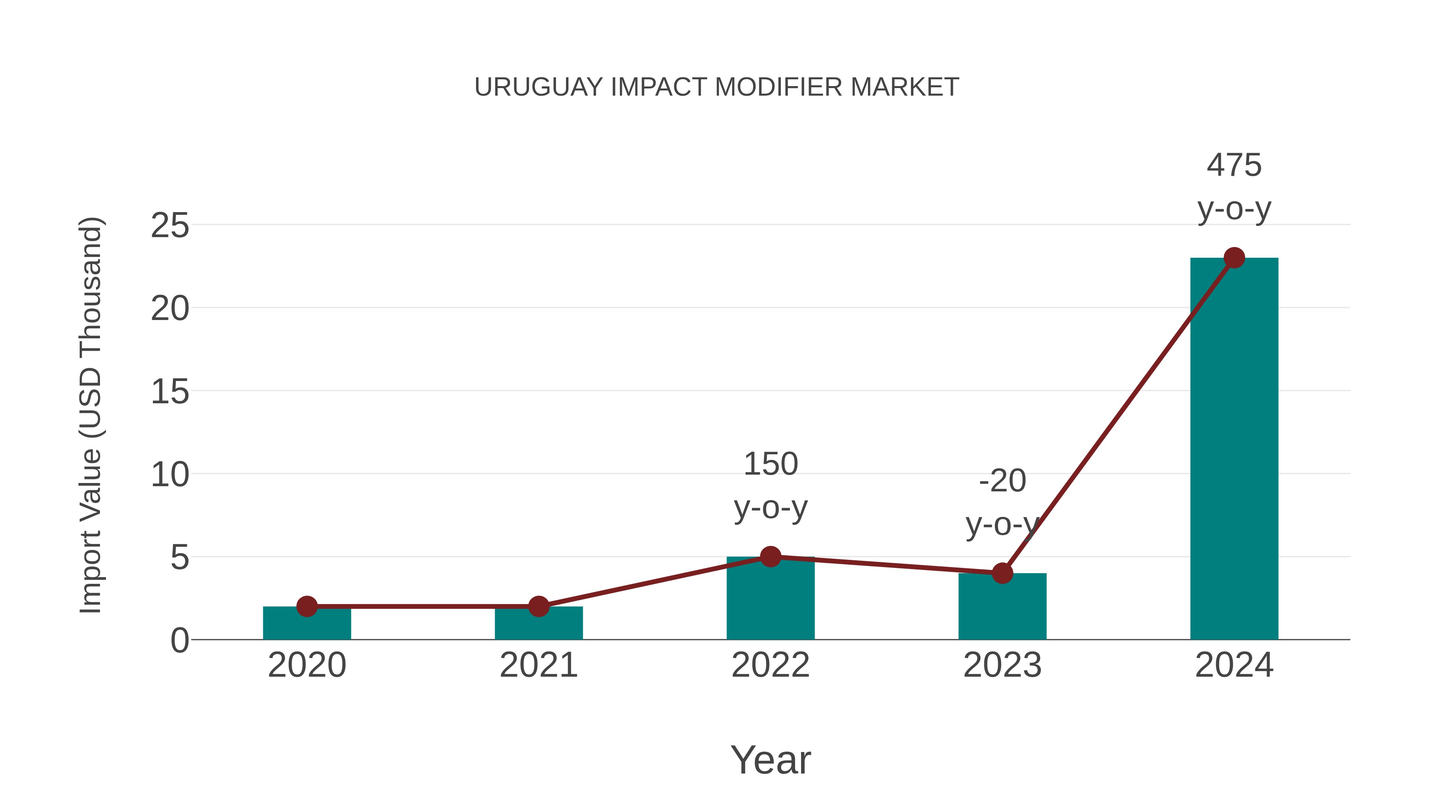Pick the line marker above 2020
pyautogui.click(x=307, y=606)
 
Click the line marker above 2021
pyautogui.click(x=538, y=606)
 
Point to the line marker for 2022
pyautogui.click(x=770, y=556)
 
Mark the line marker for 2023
pyautogui.click(x=1002, y=573)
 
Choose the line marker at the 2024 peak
pyautogui.click(x=1234, y=258)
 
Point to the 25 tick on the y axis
pyautogui.click(x=170, y=226)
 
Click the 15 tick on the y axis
pyautogui.click(x=170, y=392)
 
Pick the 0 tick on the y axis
pyautogui.click(x=179, y=640)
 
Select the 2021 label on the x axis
pyautogui.click(x=538, y=665)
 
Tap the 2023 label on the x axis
pyautogui.click(x=1002, y=665)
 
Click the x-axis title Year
pyautogui.click(x=770, y=760)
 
